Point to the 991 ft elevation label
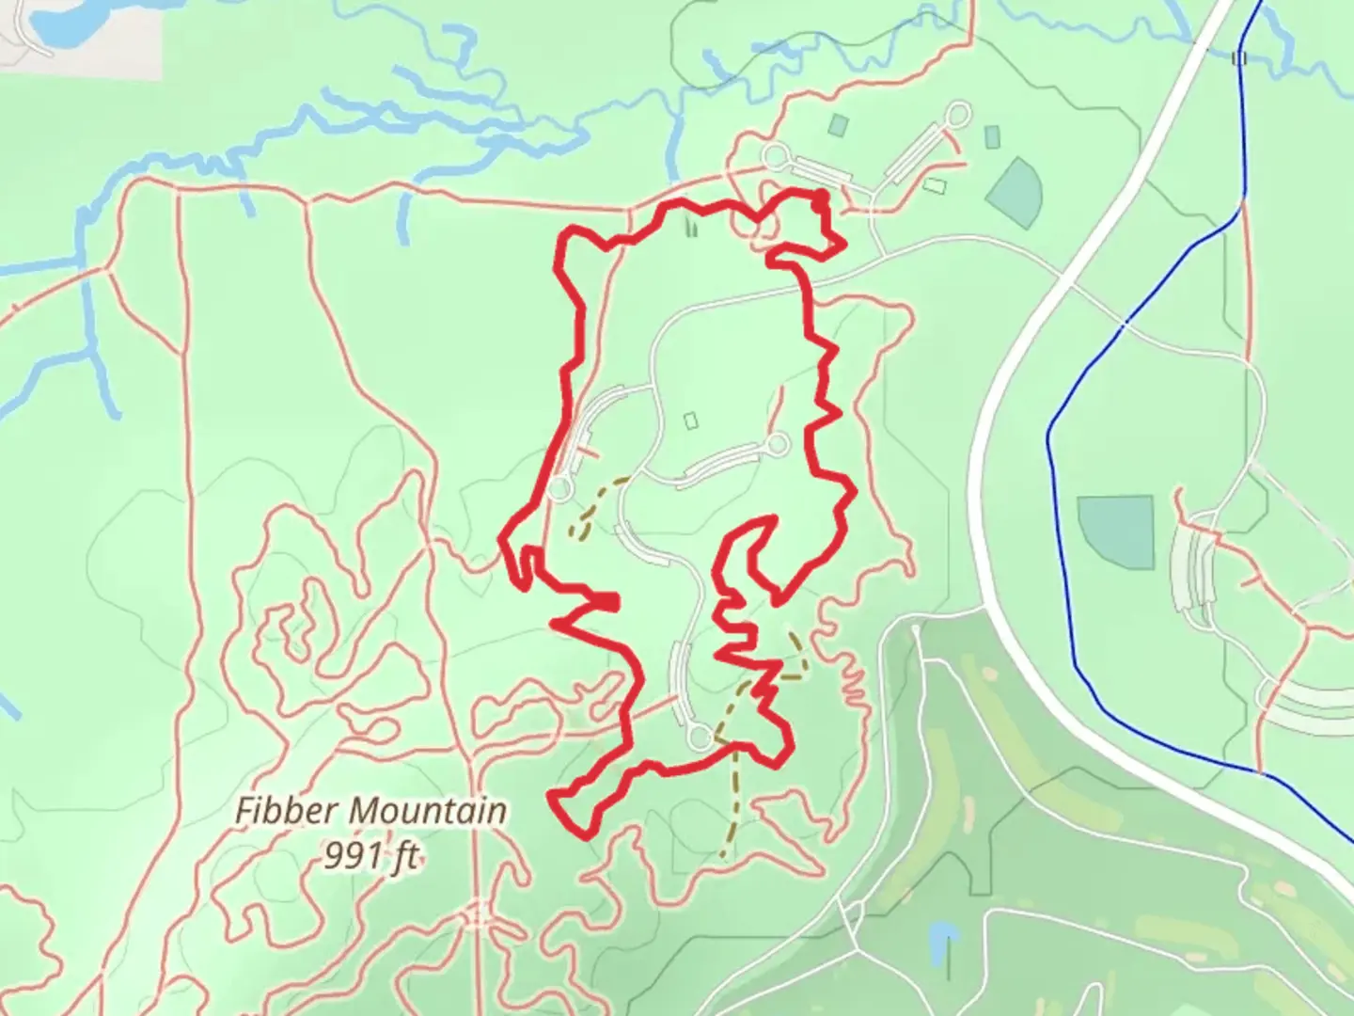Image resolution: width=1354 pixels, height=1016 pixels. pos(370,856)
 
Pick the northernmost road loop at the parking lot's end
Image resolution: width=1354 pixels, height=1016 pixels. pos(958,116)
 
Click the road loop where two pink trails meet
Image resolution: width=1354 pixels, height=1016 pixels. pos(775,155)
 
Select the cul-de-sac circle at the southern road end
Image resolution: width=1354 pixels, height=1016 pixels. pos(701,738)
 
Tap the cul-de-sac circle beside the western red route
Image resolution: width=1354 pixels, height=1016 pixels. pos(560,489)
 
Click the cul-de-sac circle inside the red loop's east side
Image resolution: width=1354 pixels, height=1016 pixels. pos(777,445)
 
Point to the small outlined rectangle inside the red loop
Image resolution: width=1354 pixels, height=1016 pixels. pos(692,420)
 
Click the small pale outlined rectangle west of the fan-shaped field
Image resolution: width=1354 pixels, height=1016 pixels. pos(934,185)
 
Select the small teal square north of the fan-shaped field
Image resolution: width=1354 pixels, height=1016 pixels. pos(992,137)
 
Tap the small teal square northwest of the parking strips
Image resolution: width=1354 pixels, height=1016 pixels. pos(838,124)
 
